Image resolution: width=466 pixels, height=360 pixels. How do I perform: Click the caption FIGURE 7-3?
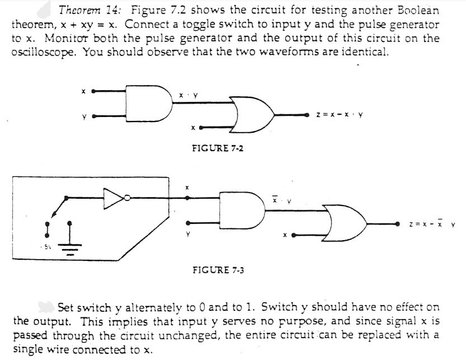point(218,270)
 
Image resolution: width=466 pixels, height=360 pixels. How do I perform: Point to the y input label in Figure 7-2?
point(83,117)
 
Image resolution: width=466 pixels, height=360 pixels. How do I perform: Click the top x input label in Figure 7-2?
point(83,90)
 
